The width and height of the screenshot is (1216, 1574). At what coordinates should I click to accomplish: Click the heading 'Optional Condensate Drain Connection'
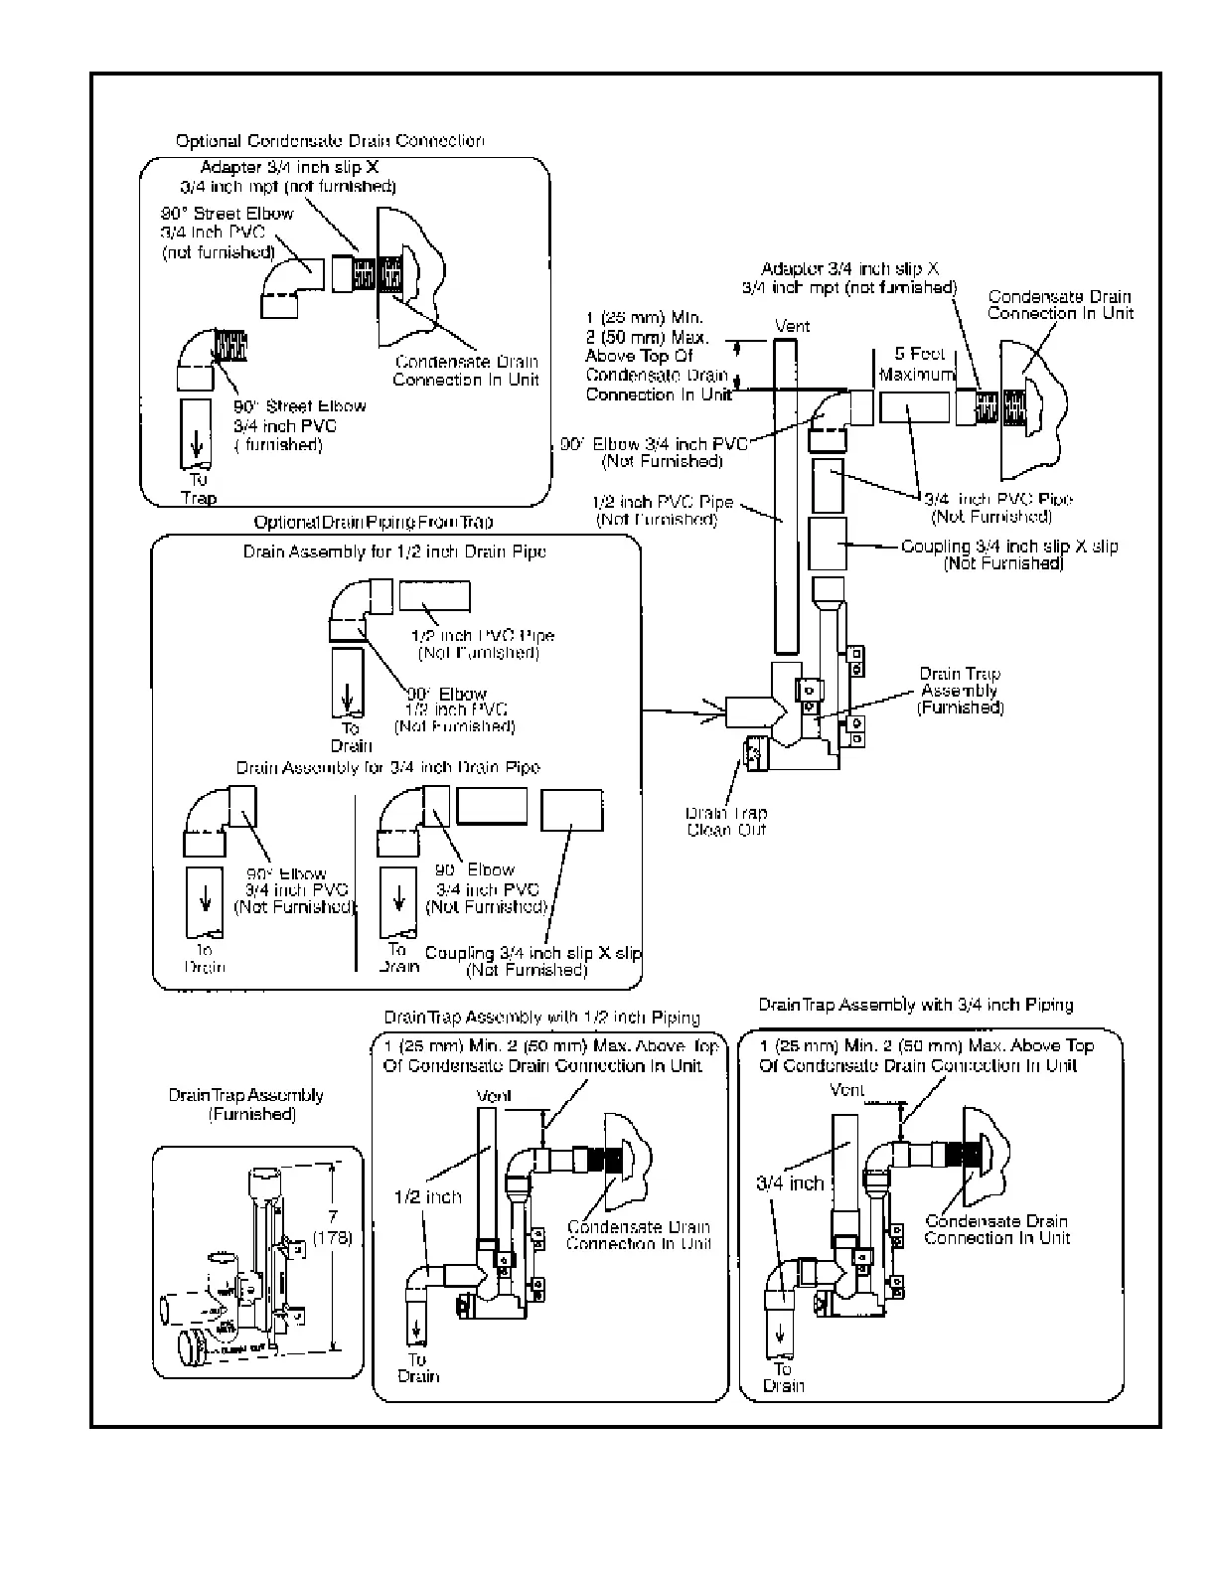point(330,141)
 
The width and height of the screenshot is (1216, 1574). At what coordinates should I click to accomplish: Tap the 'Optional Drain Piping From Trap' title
point(373,522)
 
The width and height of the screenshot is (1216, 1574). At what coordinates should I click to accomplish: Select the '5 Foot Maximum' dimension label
point(916,364)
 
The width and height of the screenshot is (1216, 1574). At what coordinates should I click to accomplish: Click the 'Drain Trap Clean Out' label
point(726,821)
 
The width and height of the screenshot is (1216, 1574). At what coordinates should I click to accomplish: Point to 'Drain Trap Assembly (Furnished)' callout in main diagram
point(960,691)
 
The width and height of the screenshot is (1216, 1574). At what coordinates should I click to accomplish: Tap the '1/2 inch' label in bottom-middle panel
point(428,1196)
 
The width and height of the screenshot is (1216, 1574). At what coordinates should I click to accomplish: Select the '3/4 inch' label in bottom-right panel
point(791,1182)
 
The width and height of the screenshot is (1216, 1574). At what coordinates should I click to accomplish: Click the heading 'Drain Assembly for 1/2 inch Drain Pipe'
point(394,551)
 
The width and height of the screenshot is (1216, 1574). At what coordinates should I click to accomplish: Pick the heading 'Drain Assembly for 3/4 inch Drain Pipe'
point(388,767)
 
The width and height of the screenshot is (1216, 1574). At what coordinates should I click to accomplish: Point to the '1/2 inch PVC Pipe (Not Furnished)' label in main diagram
point(655,511)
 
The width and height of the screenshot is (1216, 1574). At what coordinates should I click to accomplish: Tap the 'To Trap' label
point(199,489)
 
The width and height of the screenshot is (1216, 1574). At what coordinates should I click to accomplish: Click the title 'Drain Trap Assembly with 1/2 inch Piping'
point(541,1018)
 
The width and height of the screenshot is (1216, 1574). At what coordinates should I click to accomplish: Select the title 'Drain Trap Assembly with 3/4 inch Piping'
point(915,1005)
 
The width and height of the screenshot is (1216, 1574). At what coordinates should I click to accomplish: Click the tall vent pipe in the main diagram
point(784,497)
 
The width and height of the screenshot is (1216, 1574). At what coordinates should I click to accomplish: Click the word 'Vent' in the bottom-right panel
point(847,1090)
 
